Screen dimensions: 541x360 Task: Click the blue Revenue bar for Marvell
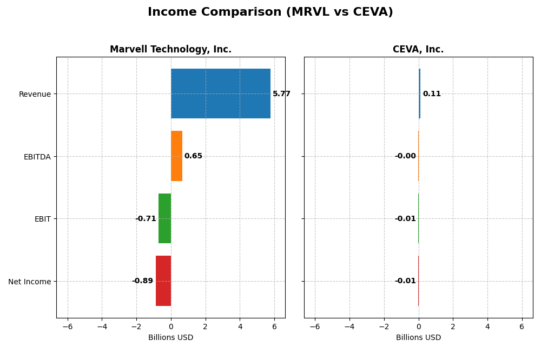click(220, 94)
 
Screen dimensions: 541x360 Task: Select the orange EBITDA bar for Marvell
click(176, 156)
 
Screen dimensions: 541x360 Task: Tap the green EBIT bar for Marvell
click(164, 218)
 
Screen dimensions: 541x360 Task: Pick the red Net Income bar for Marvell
click(163, 281)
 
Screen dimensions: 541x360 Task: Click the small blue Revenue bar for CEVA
click(419, 94)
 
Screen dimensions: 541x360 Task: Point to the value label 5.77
click(281, 94)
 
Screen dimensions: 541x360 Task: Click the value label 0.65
click(193, 156)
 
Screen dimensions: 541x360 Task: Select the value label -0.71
click(146, 219)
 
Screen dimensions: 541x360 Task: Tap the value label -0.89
click(142, 281)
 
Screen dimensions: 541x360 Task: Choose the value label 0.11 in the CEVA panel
click(432, 94)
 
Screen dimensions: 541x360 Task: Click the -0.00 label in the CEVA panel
click(405, 156)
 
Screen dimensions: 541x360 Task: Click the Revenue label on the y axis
click(35, 95)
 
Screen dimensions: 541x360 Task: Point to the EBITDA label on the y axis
click(37, 157)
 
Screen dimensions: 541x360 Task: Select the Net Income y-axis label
click(30, 282)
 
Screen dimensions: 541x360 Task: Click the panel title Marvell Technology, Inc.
click(170, 50)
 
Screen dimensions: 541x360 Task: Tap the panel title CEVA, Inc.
click(418, 50)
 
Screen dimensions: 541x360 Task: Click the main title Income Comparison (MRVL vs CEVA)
click(270, 12)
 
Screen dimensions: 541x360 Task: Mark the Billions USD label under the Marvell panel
click(170, 338)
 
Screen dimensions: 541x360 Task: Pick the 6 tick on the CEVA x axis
click(522, 326)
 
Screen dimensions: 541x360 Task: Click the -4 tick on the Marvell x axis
click(102, 326)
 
